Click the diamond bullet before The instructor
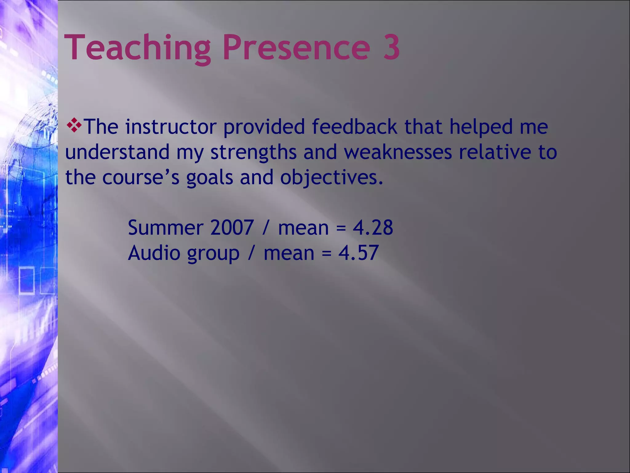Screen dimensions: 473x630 [x=74, y=125]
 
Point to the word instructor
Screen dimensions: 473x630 [x=171, y=127]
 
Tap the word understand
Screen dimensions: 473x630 [x=117, y=152]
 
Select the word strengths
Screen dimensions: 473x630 [x=253, y=152]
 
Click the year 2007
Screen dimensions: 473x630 [x=232, y=228]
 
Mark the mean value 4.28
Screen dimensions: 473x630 [x=373, y=228]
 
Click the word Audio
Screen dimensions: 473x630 [x=154, y=253]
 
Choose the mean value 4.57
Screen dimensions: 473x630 [x=358, y=253]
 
